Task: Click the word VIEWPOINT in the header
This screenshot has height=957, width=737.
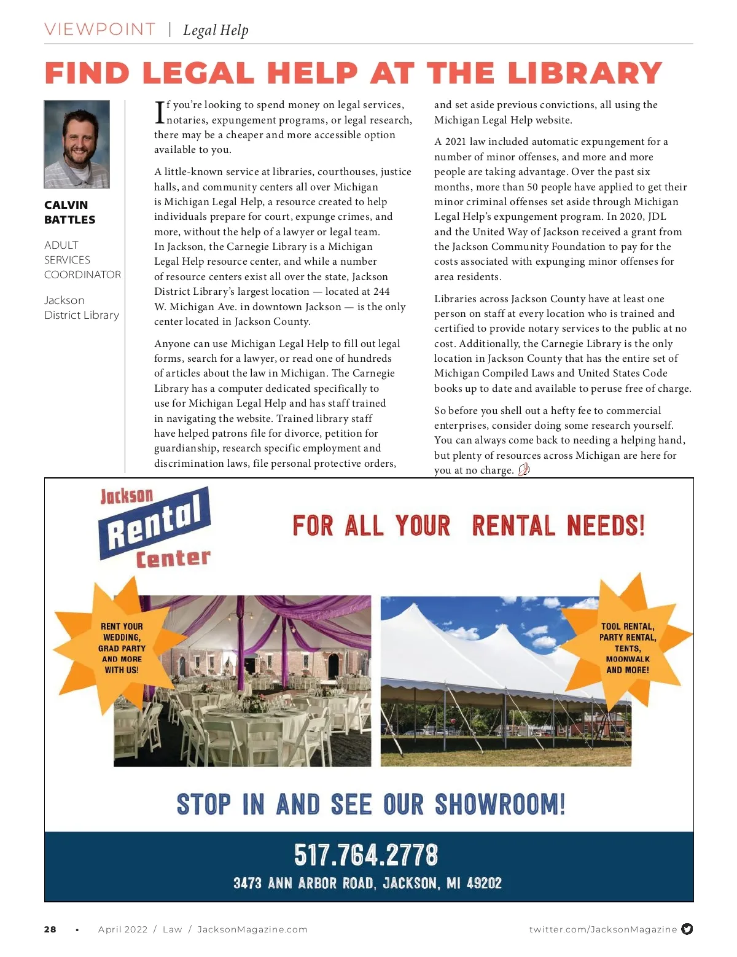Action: [x=100, y=29]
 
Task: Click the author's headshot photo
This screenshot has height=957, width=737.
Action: [x=77, y=144]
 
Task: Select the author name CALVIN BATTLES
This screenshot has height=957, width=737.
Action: [x=69, y=213]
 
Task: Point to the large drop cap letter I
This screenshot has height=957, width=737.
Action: [x=160, y=112]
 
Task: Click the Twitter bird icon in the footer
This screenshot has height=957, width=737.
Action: [x=687, y=929]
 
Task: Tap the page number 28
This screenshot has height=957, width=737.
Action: [x=50, y=929]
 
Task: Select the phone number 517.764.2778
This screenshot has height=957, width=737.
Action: [x=366, y=855]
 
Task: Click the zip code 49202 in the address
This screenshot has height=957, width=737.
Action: [x=485, y=883]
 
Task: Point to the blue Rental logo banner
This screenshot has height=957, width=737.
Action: [x=154, y=522]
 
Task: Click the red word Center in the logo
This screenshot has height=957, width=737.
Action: [x=173, y=558]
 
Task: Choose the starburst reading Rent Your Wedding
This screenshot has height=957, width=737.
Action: [x=121, y=648]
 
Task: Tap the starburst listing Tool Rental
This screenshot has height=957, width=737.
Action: [x=628, y=648]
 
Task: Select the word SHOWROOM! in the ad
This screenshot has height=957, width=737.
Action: [x=500, y=805]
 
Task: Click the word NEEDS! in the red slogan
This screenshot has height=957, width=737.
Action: [x=606, y=526]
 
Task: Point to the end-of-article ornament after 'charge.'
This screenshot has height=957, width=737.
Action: [x=524, y=471]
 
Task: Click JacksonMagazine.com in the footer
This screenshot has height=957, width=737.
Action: [x=252, y=929]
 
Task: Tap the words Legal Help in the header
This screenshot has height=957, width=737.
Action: [x=216, y=30]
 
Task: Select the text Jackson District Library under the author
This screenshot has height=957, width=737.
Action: [x=82, y=308]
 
